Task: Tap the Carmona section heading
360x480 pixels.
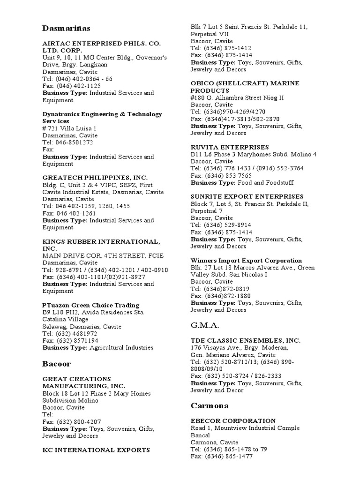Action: click(x=210, y=405)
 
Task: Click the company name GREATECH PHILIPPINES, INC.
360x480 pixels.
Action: click(x=95, y=178)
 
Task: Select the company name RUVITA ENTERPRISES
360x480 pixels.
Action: click(x=230, y=147)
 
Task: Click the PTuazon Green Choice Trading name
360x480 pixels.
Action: click(x=91, y=305)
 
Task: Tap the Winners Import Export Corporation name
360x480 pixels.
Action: click(x=246, y=261)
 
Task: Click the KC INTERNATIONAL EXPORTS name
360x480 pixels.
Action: click(x=96, y=450)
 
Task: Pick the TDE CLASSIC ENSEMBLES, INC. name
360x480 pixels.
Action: click(x=246, y=340)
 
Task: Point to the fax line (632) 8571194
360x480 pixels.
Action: click(x=70, y=341)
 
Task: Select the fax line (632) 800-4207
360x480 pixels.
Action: click(x=72, y=421)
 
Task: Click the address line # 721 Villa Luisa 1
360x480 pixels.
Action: click(x=69, y=128)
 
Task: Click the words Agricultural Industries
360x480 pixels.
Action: click(x=121, y=348)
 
